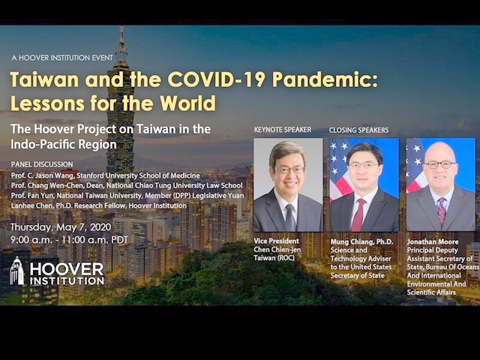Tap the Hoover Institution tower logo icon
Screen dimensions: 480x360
tap(16, 271)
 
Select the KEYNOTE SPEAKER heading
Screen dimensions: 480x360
tap(282, 130)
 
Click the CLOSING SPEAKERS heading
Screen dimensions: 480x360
tap(358, 130)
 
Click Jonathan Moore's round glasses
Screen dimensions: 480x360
tap(440, 165)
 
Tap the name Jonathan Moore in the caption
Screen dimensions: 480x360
tap(433, 241)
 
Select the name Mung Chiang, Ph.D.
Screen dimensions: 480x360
tap(361, 241)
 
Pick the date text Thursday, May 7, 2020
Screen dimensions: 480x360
tap(61, 227)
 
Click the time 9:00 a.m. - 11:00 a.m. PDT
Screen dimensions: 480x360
tap(69, 240)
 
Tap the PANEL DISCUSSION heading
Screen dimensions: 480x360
tap(42, 164)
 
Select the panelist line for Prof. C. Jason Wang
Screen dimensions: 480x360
tap(105, 175)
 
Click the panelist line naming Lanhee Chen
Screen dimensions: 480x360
tap(98, 205)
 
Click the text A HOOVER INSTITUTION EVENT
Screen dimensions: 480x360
tap(62, 58)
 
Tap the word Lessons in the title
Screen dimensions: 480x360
tap(47, 103)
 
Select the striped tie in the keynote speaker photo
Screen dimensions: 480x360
tap(290, 217)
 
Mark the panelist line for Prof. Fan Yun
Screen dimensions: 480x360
tap(127, 196)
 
